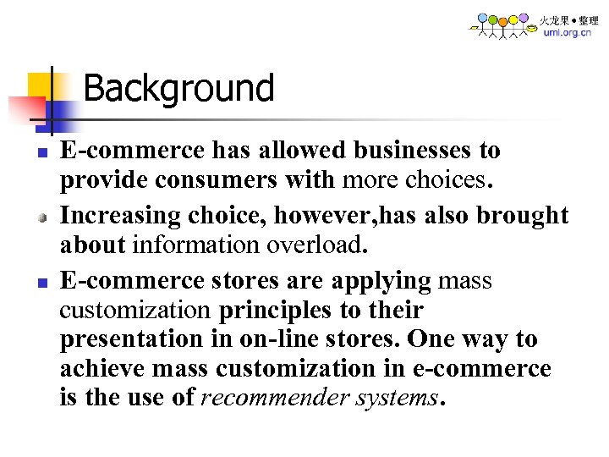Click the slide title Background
click(x=178, y=88)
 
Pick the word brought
click(x=522, y=216)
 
